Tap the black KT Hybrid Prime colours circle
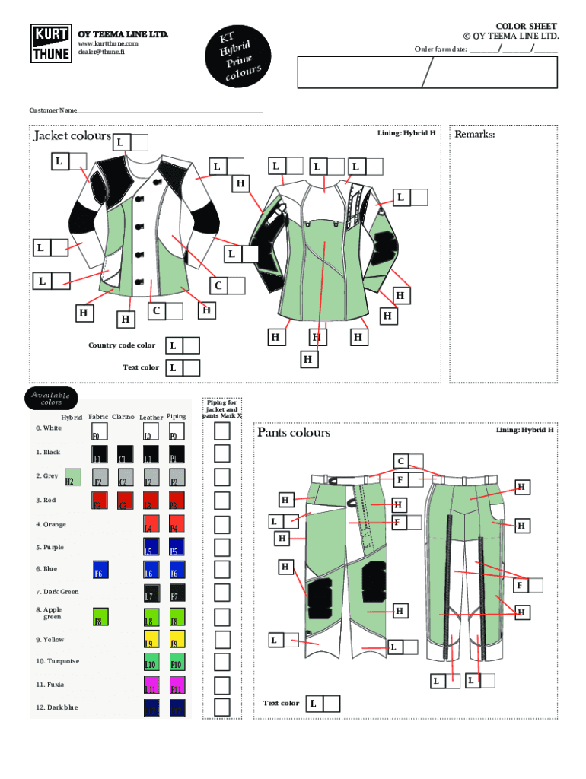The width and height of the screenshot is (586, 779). point(241,55)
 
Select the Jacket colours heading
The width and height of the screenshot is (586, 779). point(72,136)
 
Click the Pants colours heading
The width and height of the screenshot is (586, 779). point(294,433)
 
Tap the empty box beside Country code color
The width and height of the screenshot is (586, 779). point(191,345)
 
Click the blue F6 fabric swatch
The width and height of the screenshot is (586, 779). point(100,571)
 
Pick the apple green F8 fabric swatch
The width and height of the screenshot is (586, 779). point(100,616)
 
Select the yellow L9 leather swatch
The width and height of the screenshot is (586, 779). point(151,639)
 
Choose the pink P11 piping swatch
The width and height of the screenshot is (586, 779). point(177,685)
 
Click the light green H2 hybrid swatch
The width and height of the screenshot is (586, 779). point(72,477)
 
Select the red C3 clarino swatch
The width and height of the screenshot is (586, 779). point(125,501)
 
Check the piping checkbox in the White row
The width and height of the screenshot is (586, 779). point(221,431)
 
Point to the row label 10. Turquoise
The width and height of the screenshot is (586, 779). point(57,661)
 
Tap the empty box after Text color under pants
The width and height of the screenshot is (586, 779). point(331,704)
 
